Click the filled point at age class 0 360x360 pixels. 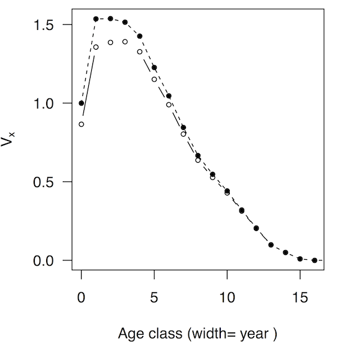pos(82,103)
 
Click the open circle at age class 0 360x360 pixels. pos(82,124)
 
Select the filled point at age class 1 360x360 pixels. pos(96,19)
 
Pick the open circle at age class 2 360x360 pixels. pos(110,43)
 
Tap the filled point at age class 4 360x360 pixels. pos(140,36)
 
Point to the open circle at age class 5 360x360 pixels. pos(154,79)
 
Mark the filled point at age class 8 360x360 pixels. pos(198,155)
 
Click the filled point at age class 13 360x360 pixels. pos(271,245)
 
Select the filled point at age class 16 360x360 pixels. pos(314,260)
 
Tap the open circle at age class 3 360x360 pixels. pos(125,42)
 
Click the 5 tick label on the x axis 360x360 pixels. pos(154,297)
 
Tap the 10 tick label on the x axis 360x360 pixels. pos(227,297)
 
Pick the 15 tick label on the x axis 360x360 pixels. pos(300,297)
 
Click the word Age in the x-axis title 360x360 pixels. pos(129,334)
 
